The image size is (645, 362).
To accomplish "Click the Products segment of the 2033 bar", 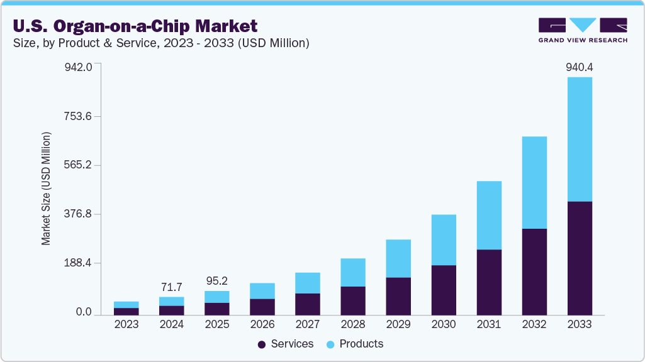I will [580, 139].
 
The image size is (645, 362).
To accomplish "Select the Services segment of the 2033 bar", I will [580, 258].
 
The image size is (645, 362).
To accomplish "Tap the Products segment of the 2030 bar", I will [444, 239].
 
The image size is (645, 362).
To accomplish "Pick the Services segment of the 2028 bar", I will [353, 300].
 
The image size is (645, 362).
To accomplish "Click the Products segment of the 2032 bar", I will [534, 182].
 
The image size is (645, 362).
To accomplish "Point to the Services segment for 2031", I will [489, 282].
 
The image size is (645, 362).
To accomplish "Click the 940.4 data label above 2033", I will [579, 67].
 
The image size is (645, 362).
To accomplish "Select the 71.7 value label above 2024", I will [171, 287].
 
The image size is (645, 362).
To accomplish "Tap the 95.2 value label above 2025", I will [216, 280].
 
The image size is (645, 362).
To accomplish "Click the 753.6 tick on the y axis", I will [78, 116].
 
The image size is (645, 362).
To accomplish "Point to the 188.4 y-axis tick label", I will [78, 263].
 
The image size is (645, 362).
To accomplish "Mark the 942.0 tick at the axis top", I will [78, 67].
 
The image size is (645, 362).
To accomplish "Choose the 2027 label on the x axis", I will [308, 324].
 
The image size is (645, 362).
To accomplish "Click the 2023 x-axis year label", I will [126, 324].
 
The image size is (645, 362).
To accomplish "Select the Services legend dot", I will [262, 344].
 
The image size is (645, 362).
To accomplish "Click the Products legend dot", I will [330, 344].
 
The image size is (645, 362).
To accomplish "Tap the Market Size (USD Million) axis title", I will [46, 189].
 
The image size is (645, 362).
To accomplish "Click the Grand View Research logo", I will [582, 30].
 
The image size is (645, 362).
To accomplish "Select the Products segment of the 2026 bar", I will [262, 291].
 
